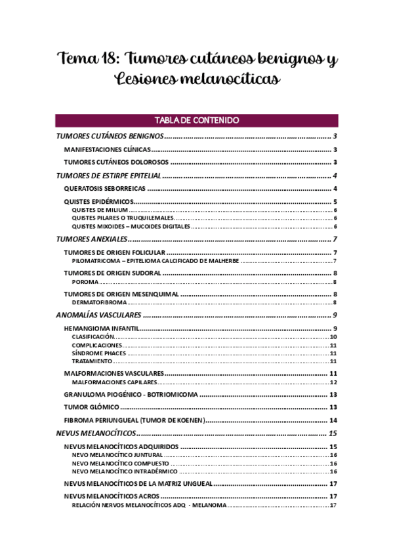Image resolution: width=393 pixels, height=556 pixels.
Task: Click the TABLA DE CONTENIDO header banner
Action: [196, 121]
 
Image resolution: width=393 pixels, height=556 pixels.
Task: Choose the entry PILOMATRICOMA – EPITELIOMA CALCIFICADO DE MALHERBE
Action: [155, 261]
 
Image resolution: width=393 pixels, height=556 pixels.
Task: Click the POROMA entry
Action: [85, 282]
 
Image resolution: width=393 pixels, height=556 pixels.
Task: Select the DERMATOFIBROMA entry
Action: [99, 302]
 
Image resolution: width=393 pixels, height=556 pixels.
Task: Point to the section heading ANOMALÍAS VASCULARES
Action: [99, 315]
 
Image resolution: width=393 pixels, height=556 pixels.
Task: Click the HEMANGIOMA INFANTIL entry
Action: [102, 328]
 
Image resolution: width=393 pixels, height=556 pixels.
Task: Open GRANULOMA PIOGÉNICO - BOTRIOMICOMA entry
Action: [130, 395]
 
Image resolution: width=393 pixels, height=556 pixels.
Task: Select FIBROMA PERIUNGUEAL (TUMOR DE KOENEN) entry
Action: [134, 420]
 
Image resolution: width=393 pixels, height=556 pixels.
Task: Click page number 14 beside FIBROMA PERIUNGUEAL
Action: [333, 420]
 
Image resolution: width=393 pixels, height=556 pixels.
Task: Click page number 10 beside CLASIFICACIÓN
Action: [333, 336]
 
